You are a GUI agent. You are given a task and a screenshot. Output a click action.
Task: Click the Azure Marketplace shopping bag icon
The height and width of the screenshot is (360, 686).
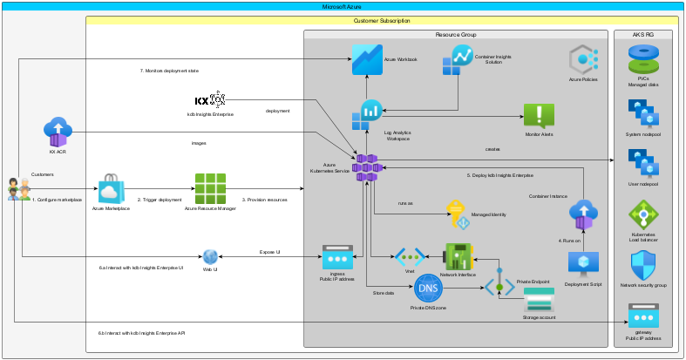click(x=112, y=187)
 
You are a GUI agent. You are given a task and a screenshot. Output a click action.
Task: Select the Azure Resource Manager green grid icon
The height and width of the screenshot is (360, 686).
click(x=211, y=187)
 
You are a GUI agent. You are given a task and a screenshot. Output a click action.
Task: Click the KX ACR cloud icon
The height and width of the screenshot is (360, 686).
click(x=58, y=132)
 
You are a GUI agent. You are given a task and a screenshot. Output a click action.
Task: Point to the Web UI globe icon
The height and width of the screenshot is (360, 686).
click(x=210, y=256)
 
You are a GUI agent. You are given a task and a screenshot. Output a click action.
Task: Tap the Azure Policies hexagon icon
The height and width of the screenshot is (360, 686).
click(x=582, y=61)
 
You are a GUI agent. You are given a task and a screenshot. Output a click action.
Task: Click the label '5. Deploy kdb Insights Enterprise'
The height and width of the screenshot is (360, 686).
click(x=506, y=175)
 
